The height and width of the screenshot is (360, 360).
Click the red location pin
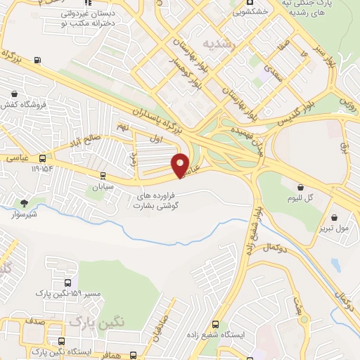(181, 165)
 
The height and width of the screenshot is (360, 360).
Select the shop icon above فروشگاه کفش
(15, 94)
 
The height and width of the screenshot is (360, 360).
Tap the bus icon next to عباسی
(43, 159)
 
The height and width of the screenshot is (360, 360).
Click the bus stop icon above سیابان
(103, 176)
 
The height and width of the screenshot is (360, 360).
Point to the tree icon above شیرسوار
(25, 203)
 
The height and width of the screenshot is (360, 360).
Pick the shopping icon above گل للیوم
(301, 188)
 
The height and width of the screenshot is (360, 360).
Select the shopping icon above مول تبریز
(334, 217)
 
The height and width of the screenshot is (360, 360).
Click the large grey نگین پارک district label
(96, 321)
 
